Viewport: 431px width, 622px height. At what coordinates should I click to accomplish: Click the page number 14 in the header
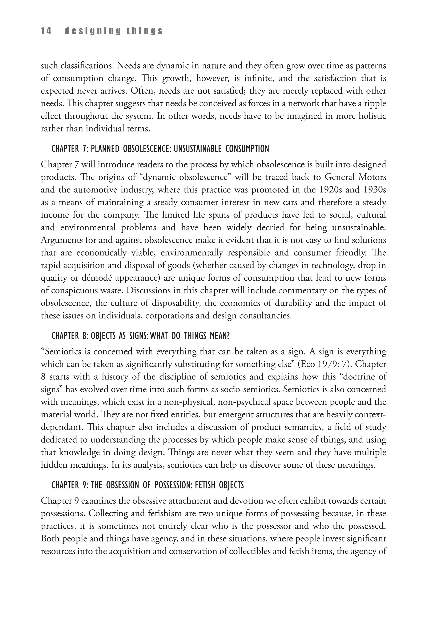pos(46,31)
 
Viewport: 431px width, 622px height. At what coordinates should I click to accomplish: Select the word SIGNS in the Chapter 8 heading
pos(138,336)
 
